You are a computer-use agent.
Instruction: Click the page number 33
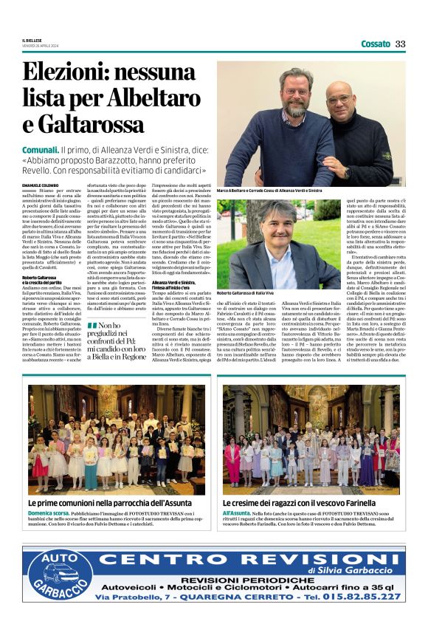pyautogui.click(x=400, y=44)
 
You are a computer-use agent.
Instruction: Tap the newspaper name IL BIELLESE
pyautogui.click(x=34, y=40)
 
